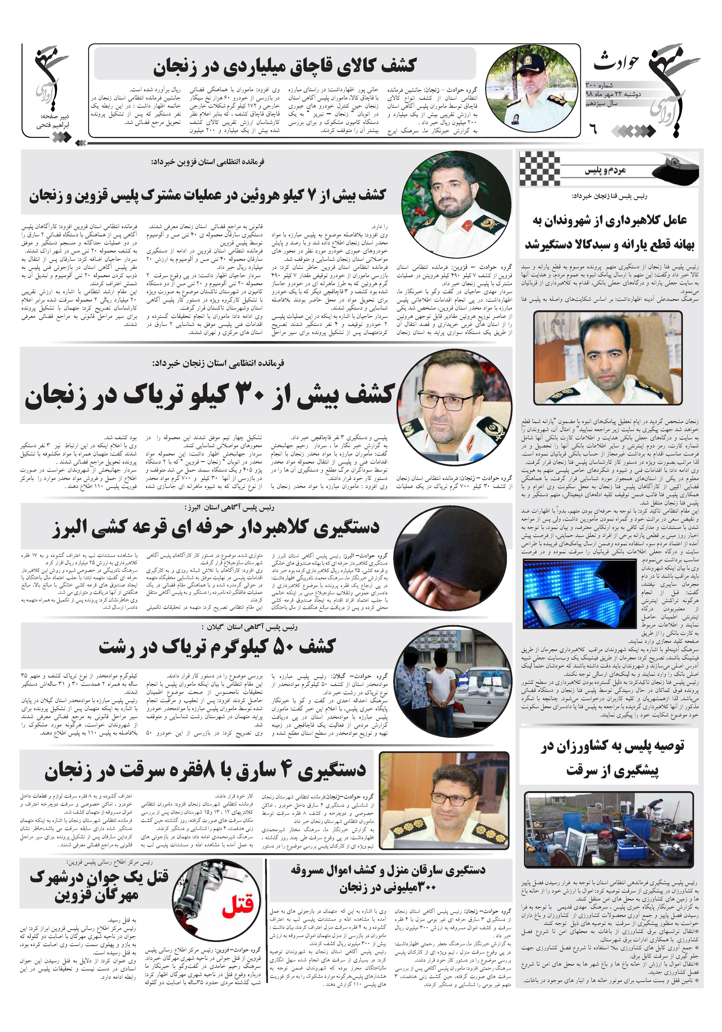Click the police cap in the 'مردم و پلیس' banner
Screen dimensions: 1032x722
[x=674, y=169]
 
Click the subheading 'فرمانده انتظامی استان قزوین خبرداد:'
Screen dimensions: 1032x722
[x=208, y=162]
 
